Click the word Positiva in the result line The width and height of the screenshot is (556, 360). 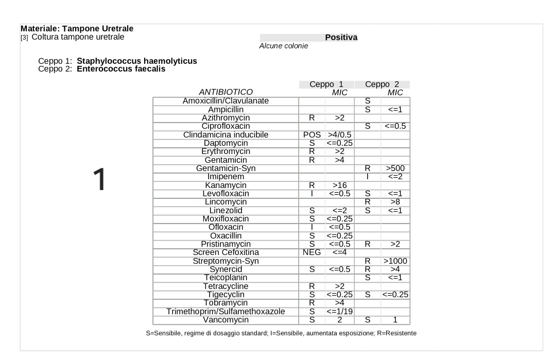341,38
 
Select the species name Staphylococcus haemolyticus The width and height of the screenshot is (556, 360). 137,61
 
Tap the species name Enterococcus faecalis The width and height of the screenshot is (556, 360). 121,68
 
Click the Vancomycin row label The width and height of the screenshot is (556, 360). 225,320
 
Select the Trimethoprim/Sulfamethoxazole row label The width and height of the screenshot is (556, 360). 225,311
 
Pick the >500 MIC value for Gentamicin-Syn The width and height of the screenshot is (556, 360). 395,168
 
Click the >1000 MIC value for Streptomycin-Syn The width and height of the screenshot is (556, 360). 395,261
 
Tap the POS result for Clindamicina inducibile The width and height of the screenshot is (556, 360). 311,135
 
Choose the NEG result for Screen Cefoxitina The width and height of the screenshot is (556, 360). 311,252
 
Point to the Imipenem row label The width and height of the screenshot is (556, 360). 225,177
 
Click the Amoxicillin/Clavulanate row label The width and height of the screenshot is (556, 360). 225,101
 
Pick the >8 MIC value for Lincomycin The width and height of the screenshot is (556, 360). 395,202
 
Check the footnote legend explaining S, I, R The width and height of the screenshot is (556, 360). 281,333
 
